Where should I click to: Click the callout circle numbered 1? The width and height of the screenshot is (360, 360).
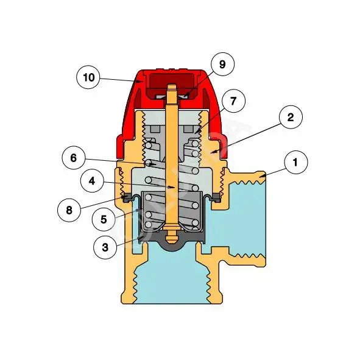tap(295, 162)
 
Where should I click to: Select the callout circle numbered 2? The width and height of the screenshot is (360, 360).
tap(291, 117)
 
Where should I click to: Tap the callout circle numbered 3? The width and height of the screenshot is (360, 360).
tap(105, 247)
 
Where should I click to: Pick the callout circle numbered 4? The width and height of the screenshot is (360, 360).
tap(92, 181)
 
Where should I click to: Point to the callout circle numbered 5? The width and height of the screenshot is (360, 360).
tap(104, 219)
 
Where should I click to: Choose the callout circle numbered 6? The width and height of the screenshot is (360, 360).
tap(74, 158)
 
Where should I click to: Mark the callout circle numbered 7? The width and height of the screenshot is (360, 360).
tap(233, 101)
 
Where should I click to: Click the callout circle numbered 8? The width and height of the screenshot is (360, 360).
tap(69, 210)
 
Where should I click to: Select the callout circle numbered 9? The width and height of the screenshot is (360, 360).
tap(222, 64)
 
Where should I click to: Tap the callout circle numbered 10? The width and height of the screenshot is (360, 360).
tap(88, 77)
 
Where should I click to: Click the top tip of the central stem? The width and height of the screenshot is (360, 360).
tap(172, 85)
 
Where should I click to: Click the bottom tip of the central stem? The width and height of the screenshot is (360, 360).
tap(172, 244)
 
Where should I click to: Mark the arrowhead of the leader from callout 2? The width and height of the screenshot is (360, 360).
tap(213, 152)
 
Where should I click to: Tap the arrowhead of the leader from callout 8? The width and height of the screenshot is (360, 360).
tap(124, 197)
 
